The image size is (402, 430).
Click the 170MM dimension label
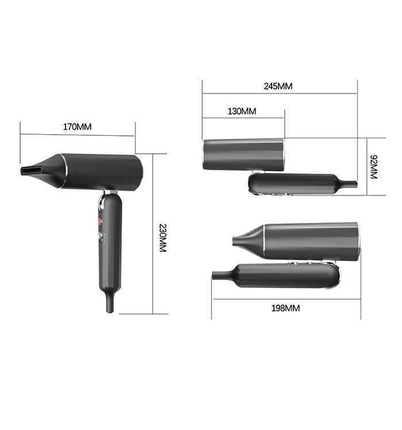[77, 127]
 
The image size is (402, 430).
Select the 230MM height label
[163, 238]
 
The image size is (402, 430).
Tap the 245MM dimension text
[278, 86]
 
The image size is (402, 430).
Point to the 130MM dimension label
[242, 111]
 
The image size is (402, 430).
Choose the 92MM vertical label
[374, 167]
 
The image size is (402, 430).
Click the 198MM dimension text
[285, 308]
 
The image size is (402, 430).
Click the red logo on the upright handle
[100, 221]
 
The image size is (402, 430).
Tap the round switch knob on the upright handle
[100, 236]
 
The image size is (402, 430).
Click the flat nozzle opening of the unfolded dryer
[32, 171]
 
